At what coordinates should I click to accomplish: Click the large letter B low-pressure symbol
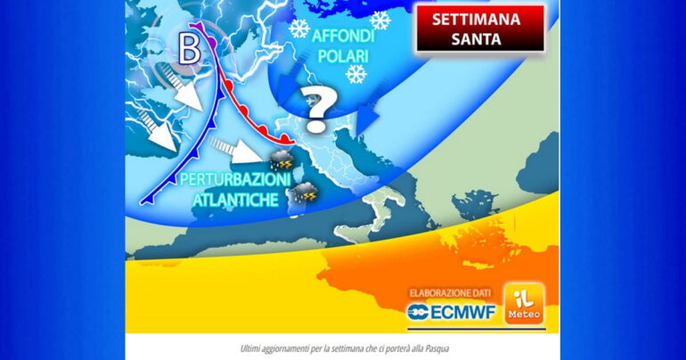pos(189,49)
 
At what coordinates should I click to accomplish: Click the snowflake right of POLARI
pos(357,73)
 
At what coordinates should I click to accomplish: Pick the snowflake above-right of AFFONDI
pos(380,20)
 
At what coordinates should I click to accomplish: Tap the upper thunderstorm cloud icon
pos(282,161)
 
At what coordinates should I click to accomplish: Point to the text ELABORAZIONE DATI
pos(449,292)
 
